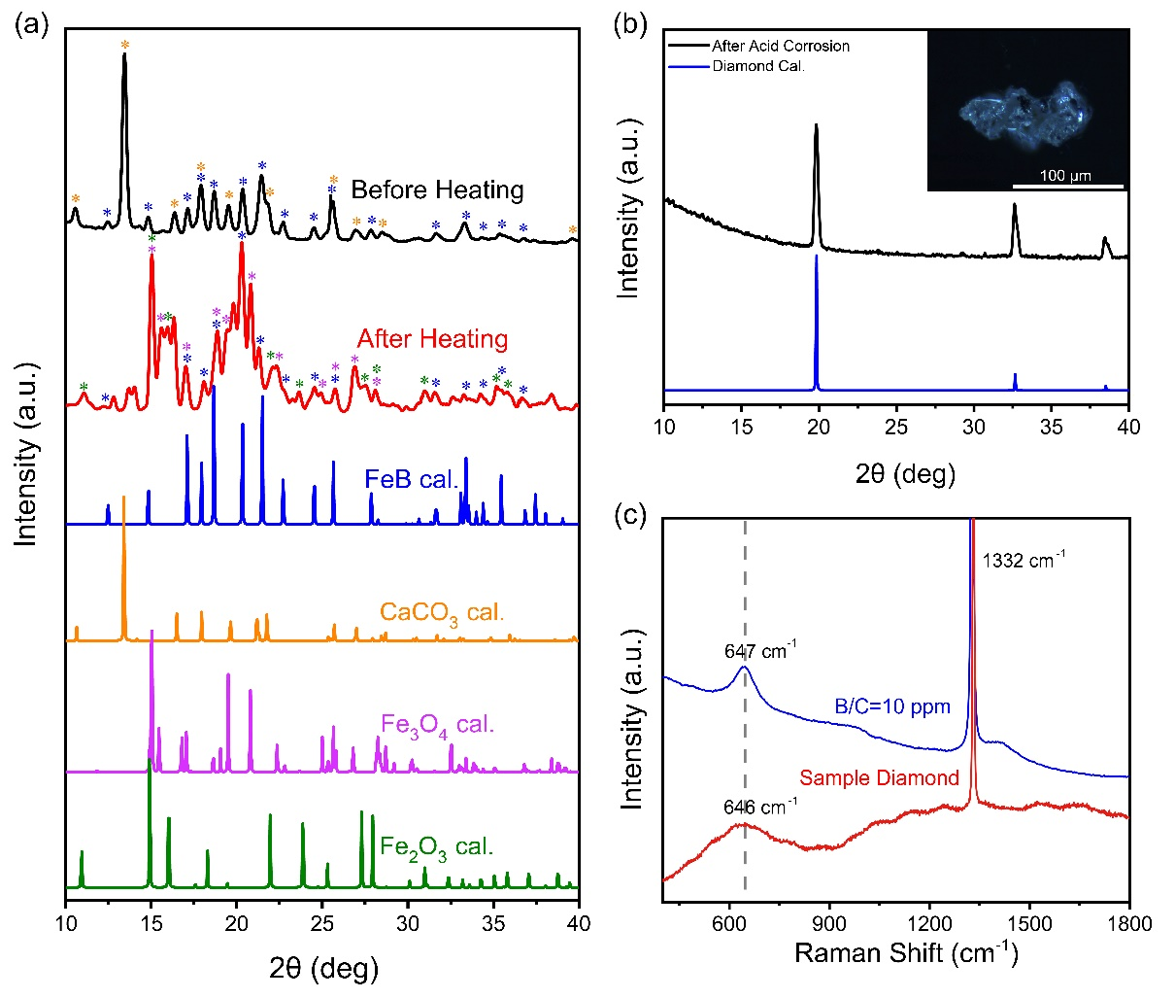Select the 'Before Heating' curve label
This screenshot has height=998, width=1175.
point(437,189)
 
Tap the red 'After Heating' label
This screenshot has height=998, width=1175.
point(432,339)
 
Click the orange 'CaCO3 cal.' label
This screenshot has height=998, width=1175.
point(442,613)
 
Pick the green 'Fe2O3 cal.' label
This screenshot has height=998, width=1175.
point(437,847)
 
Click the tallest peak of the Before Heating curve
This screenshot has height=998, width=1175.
point(124,56)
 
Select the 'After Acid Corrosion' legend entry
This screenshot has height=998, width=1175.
point(780,46)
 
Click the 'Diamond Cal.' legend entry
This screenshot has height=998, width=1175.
point(758,66)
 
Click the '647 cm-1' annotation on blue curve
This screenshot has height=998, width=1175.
point(760,650)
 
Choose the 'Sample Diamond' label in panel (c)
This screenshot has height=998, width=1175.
point(879,777)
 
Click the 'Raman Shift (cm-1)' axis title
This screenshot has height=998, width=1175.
point(906,952)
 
